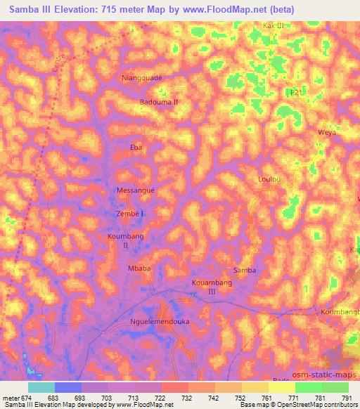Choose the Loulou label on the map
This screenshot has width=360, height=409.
point(269,180)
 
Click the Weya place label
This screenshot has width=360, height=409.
point(328,132)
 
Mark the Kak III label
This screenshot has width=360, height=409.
point(273,25)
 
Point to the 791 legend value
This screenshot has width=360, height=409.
point(347,398)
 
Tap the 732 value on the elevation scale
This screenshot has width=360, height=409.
point(186,398)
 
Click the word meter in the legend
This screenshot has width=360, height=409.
point(10,398)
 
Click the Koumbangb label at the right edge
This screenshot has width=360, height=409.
point(340,311)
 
